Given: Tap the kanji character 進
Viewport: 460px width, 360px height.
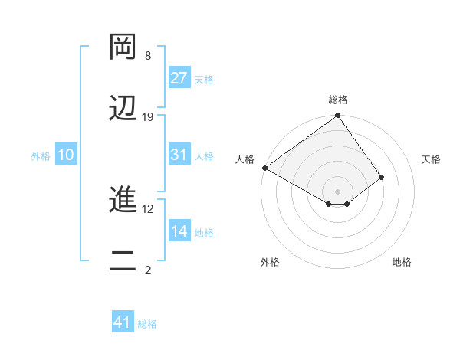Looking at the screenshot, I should (123, 201).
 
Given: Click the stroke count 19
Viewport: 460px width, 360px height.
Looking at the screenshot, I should (148, 117).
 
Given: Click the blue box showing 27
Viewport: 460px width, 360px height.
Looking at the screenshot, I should (179, 78).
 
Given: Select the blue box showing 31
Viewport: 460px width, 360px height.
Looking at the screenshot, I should (179, 155).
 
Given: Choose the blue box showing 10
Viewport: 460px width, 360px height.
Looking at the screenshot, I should (66, 155).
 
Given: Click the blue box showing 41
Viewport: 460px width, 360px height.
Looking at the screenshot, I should (123, 322).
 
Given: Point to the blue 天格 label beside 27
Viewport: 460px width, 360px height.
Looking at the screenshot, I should (204, 79).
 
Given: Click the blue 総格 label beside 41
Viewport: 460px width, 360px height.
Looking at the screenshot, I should (147, 324).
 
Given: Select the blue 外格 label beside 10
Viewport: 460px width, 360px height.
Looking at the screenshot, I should (41, 155).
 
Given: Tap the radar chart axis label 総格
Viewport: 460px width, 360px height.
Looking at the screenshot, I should (338, 100).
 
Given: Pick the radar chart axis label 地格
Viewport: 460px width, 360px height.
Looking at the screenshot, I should (402, 263).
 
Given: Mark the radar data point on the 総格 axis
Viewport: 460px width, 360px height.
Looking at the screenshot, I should (338, 116).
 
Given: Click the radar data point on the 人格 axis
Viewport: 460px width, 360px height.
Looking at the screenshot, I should (264, 168).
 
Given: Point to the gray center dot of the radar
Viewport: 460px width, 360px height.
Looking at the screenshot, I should (338, 191).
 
